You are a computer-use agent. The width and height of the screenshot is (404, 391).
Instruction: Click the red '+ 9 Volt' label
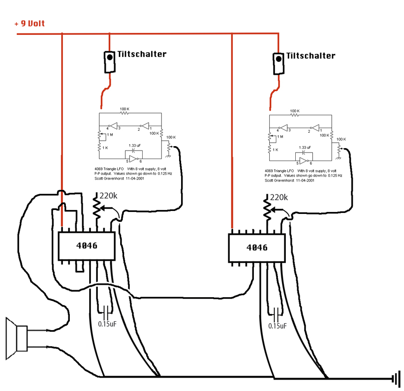(29, 23)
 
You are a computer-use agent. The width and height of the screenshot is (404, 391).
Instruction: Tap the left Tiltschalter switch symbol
(110, 62)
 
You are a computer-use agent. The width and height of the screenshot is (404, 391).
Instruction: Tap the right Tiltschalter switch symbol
(278, 64)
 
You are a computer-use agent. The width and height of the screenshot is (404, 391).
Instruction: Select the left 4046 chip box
(87, 246)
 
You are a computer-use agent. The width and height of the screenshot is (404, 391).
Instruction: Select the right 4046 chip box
(257, 248)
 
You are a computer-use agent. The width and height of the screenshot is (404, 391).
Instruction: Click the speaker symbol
(17, 338)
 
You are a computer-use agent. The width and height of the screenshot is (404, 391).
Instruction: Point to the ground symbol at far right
(396, 379)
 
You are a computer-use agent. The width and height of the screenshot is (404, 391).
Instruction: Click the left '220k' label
(108, 196)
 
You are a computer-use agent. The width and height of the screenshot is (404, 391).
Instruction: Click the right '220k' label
(279, 197)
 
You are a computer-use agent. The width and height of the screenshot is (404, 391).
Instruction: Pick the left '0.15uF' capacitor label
(107, 324)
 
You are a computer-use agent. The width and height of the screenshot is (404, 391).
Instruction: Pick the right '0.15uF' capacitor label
(277, 326)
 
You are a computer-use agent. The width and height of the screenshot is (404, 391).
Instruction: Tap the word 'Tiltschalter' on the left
(142, 54)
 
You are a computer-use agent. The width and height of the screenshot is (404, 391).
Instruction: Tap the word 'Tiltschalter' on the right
(311, 56)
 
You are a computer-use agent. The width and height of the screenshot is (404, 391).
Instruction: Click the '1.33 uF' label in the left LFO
(135, 146)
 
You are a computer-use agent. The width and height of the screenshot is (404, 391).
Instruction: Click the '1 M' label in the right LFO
(280, 137)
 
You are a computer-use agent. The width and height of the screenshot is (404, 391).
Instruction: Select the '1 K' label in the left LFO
(105, 148)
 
